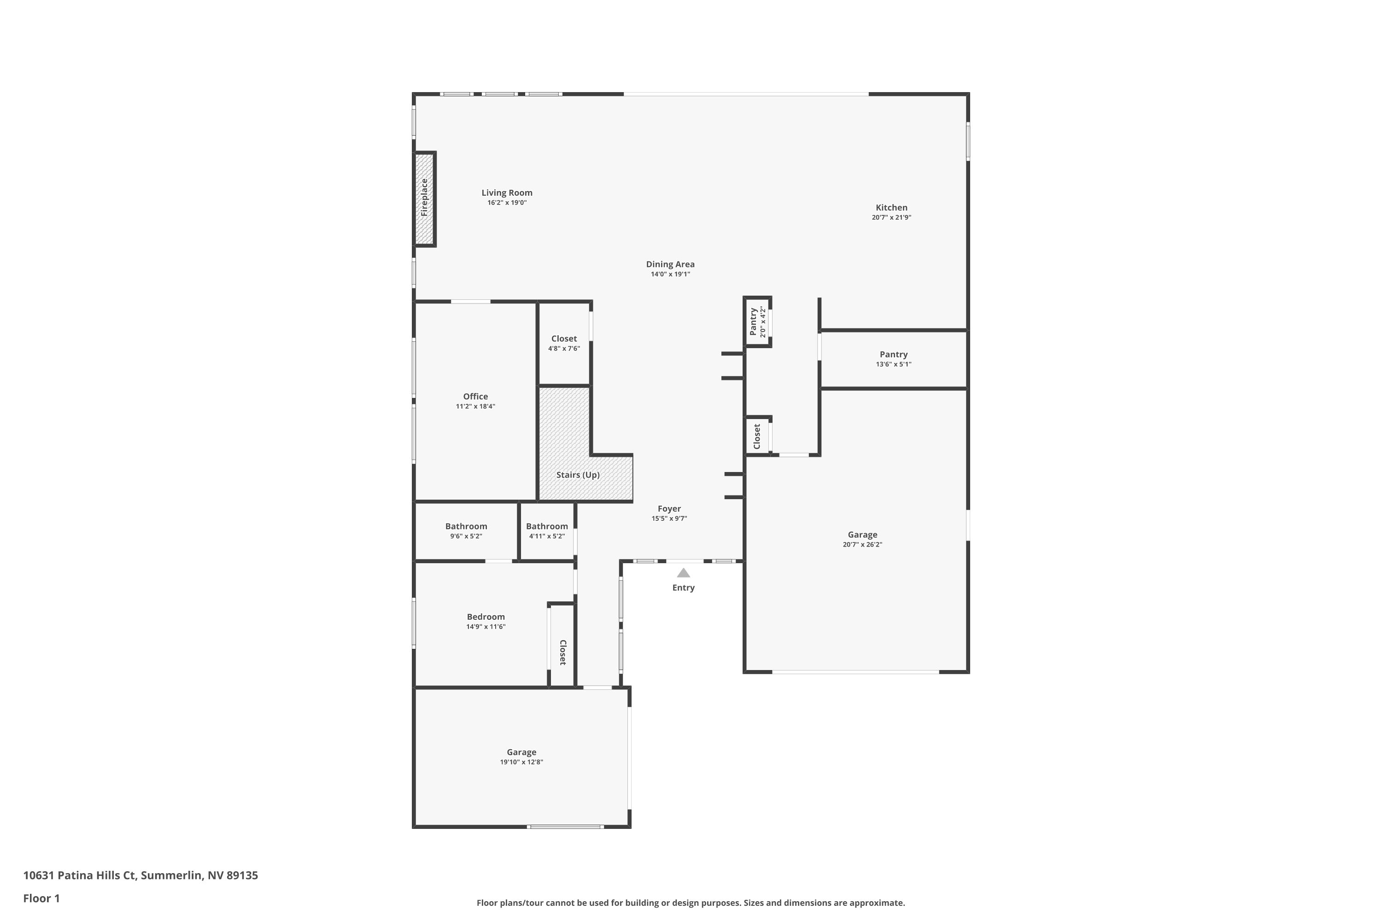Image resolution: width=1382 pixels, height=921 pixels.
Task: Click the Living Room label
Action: click(x=506, y=192)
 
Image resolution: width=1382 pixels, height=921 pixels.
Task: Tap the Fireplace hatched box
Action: click(x=424, y=198)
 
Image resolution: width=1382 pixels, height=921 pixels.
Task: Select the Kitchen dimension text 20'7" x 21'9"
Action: click(x=891, y=217)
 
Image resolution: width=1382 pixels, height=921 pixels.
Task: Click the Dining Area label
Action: click(x=670, y=264)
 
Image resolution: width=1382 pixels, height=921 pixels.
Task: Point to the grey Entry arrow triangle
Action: click(x=683, y=573)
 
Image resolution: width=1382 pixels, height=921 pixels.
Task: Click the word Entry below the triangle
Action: click(x=683, y=588)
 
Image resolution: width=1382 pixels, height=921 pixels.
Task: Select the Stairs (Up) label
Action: click(x=578, y=475)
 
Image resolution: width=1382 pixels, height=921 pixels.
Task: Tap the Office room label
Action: click(x=475, y=396)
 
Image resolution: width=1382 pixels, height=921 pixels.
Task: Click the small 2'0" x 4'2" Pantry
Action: click(x=757, y=321)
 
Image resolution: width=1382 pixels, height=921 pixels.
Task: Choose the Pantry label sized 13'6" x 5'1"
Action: click(x=893, y=354)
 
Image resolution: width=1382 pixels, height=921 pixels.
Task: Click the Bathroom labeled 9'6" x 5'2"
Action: click(x=466, y=526)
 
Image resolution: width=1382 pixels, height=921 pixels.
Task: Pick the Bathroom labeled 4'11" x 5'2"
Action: click(x=546, y=526)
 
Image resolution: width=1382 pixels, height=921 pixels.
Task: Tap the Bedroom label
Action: click(x=486, y=617)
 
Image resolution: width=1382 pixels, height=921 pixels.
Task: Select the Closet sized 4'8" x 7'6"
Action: click(x=563, y=339)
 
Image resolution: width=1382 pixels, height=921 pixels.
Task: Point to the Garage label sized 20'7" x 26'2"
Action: click(x=862, y=535)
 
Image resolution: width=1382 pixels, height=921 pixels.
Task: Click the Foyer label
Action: click(x=669, y=509)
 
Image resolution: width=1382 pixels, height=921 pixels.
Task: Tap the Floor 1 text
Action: click(x=41, y=898)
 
